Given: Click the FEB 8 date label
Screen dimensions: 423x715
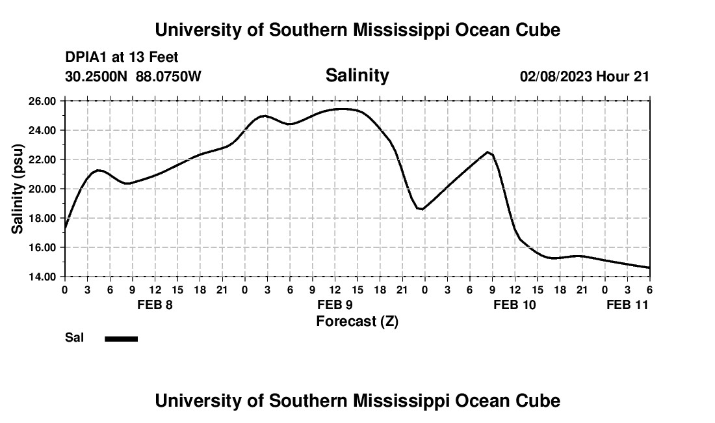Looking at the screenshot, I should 155,305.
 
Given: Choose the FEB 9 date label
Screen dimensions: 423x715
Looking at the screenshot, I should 335,305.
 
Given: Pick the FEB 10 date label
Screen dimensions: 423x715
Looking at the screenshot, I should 515,305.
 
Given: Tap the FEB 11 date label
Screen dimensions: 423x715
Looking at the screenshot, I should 627,305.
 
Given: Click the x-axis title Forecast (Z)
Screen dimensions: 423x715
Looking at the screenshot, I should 357,321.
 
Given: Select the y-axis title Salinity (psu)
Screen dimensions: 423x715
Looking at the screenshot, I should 18,189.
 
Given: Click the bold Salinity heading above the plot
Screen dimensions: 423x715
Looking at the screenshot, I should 357,75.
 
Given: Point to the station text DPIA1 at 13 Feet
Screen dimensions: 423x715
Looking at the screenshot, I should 122,58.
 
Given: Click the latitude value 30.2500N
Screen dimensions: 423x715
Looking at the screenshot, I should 96,77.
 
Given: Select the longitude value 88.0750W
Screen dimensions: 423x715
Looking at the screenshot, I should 168,77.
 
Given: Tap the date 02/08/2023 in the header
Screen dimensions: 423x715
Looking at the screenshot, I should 556,77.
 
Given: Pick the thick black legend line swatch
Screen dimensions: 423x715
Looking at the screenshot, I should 121,338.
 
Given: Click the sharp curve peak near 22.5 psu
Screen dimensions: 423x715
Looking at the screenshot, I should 487,152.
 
